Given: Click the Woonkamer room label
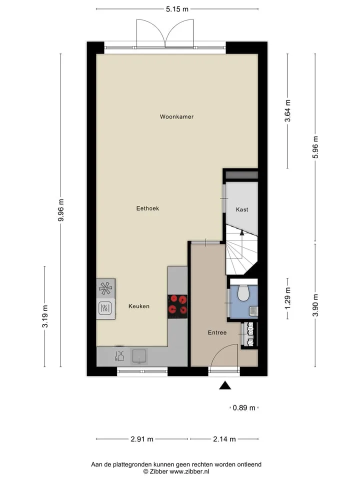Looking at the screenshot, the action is click(x=176, y=116).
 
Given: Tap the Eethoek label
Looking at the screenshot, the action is click(x=147, y=208).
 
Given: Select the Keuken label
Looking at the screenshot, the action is click(x=139, y=306).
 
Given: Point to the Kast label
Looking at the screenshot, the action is click(x=242, y=209).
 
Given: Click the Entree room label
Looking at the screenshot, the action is click(x=217, y=333).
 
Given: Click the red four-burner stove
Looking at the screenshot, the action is click(x=177, y=304).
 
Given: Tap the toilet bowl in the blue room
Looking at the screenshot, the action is click(x=244, y=293).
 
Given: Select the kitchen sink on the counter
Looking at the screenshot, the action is click(x=139, y=356).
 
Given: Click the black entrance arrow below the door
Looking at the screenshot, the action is click(x=225, y=385).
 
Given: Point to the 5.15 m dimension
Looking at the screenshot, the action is click(x=177, y=9).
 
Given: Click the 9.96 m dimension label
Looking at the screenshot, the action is click(x=61, y=210).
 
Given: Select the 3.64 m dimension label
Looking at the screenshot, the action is click(x=288, y=111).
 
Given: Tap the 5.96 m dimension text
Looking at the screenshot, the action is click(x=315, y=147).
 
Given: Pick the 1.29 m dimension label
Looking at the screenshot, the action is click(x=288, y=298).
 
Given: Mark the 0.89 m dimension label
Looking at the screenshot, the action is click(x=244, y=408).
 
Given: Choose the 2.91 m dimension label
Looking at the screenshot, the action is click(x=142, y=439).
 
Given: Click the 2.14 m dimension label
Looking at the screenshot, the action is click(x=224, y=439).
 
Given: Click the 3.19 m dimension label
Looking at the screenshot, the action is click(x=45, y=316).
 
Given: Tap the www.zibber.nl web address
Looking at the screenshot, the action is click(x=189, y=471).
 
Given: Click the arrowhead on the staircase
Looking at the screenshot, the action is click(x=242, y=232).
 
